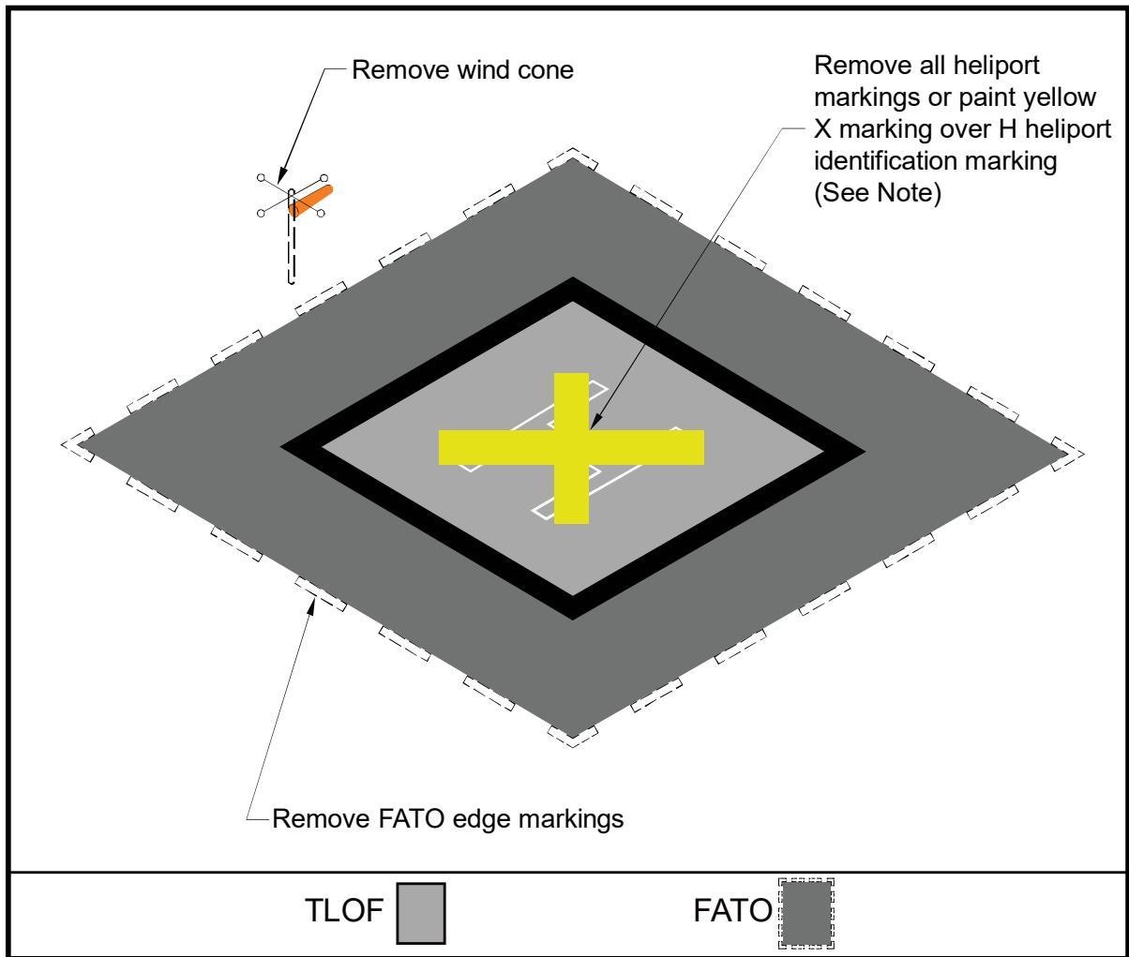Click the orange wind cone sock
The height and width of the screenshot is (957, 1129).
point(310,202)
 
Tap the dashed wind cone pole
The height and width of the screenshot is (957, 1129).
point(292,237)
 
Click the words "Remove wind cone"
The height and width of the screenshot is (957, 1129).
point(462,70)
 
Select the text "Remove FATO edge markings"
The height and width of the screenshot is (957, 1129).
point(447,819)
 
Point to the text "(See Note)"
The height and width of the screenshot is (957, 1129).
point(877,193)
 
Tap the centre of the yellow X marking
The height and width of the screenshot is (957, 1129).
point(571,448)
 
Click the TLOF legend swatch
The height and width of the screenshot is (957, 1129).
point(421,913)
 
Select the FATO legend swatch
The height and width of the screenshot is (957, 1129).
point(806,913)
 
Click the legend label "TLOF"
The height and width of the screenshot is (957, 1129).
point(344,910)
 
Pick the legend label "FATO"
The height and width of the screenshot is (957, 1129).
point(732,910)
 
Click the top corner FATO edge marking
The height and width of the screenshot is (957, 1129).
point(572,157)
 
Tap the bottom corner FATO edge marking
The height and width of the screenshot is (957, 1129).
point(572,737)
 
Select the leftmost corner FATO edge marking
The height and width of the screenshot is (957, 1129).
point(78,445)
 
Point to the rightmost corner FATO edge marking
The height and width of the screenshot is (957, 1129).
point(1067,454)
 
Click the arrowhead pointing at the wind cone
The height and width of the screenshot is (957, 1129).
point(281,176)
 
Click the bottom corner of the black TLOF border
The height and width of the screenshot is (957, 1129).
point(572,620)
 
